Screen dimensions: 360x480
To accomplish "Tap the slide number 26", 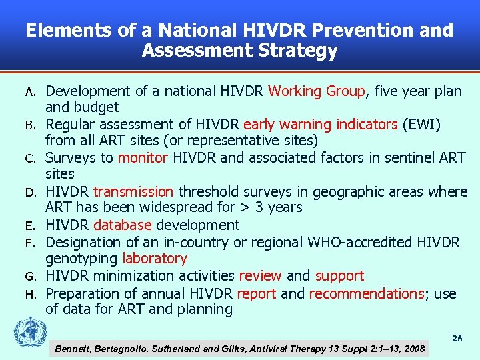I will tap(457, 339).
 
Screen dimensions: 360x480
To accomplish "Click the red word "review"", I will tap(260, 275).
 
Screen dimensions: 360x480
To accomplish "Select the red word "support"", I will tap(339, 275).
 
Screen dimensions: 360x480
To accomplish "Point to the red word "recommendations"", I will tap(367, 293).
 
